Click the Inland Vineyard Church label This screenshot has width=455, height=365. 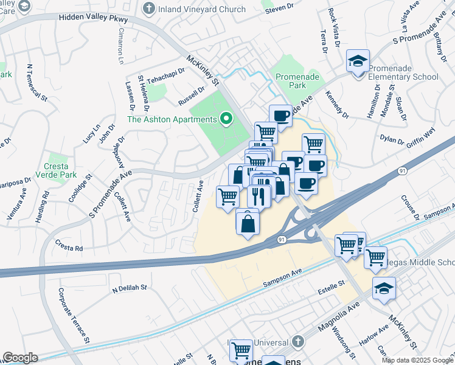202,9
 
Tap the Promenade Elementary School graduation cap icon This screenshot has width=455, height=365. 358,61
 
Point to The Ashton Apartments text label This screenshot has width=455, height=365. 172,119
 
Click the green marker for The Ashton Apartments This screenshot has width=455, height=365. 227,119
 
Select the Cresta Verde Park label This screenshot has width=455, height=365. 60,170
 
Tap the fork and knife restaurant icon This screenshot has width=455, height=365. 259,195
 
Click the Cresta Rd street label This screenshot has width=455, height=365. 69,248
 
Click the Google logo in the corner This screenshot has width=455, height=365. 20,358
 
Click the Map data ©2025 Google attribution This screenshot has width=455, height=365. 417,360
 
